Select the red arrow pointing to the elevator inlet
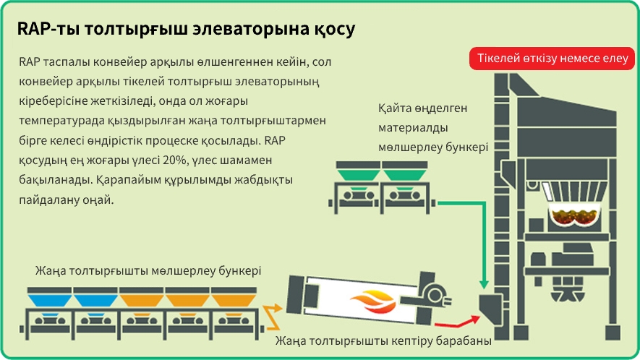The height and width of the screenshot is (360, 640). tap(463, 321)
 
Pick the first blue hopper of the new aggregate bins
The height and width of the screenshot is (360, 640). tap(48, 296)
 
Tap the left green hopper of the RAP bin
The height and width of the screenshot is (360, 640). tap(358, 172)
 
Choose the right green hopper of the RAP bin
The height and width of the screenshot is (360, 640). tap(405, 172)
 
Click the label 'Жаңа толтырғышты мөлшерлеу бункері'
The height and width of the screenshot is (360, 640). tap(148, 270)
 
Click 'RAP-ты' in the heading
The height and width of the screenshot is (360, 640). tap(47, 30)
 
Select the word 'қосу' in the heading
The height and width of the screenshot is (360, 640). tap(333, 30)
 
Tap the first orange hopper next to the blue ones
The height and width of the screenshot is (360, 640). tap(140, 296)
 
